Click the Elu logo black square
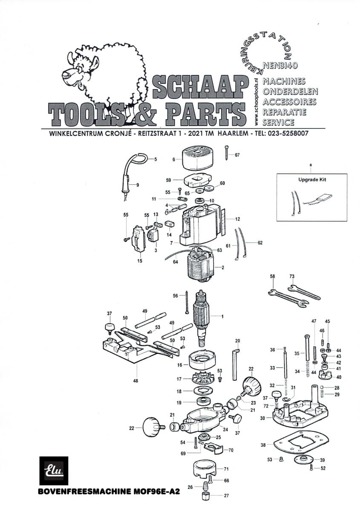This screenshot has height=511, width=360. [x=54, y=471]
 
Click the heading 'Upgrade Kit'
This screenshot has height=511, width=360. [x=312, y=180]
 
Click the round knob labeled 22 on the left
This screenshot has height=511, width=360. [x=151, y=425]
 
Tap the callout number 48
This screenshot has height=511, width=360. [x=135, y=381]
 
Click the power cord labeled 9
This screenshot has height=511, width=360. [x=127, y=179]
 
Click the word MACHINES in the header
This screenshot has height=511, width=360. [x=285, y=81]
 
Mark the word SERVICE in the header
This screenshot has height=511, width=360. [x=279, y=122]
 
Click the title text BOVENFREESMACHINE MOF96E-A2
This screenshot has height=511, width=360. [x=109, y=491]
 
